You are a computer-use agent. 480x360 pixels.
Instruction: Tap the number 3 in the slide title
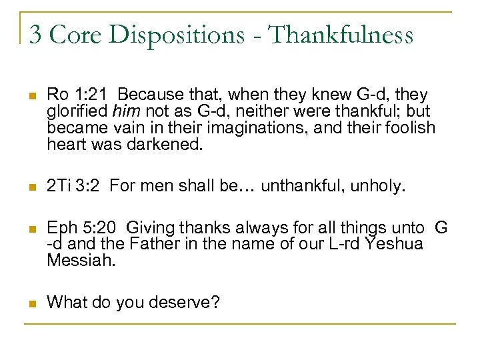(x=36, y=35)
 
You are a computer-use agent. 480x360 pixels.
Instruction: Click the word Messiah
(x=81, y=261)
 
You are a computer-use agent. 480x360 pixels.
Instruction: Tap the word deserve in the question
(x=183, y=302)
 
